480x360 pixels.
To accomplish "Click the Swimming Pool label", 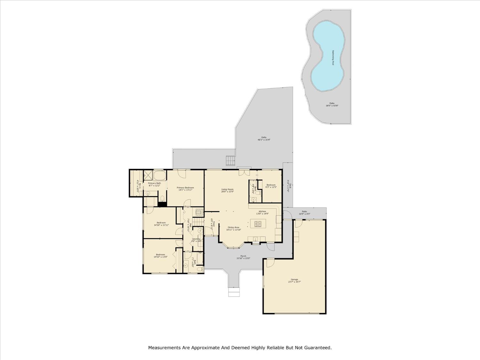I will click(333, 58).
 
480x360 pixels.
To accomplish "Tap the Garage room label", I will click(294, 279).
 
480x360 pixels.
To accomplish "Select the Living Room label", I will click(228, 189).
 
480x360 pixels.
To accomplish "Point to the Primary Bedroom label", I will click(185, 188).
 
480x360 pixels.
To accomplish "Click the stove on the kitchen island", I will click(258, 223).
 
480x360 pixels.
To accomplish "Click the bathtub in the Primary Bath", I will click(160, 175).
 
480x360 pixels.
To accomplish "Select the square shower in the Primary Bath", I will click(148, 175).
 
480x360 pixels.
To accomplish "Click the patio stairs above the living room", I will click(230, 161).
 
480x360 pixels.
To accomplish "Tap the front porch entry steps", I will click(234, 292).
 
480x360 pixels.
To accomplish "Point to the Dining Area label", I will click(233, 227).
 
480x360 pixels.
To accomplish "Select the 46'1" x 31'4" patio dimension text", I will click(264, 140).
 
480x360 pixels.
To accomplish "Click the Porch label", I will click(243, 256).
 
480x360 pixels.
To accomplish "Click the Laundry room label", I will click(196, 239).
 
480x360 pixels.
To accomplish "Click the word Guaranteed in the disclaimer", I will click(316, 348).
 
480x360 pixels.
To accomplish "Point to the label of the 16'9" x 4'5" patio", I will click(304, 212).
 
